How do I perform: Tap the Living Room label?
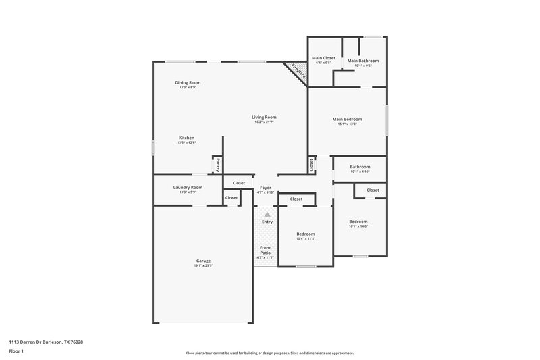[x=265, y=117]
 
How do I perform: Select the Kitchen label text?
[x=186, y=138]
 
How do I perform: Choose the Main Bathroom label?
[x=363, y=61]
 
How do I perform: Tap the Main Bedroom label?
[x=347, y=119]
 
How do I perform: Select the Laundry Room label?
[x=188, y=187]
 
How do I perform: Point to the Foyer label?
[x=265, y=188]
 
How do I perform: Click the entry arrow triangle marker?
[x=267, y=215]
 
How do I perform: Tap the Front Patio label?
[x=265, y=251]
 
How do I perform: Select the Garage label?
[x=203, y=261]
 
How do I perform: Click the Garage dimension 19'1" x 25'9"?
[x=203, y=265]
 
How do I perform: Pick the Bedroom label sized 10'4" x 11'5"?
[x=306, y=234]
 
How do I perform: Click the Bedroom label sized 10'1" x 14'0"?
[x=358, y=222]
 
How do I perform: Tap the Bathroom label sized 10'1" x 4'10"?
[x=360, y=167]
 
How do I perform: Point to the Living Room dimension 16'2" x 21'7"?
[x=265, y=122]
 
